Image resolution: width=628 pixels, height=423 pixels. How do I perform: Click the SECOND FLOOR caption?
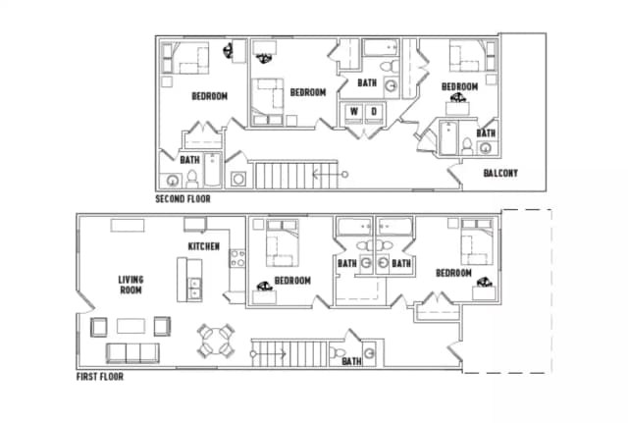pos(183,198)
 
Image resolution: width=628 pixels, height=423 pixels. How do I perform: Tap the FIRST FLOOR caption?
pos(100,377)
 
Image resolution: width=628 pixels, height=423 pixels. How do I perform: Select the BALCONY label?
pos(500,173)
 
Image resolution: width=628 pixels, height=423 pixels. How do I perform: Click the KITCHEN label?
pos(203,246)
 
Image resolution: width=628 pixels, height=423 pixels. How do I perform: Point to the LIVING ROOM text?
pos(131,285)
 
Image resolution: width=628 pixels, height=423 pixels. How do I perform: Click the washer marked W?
pos(353,112)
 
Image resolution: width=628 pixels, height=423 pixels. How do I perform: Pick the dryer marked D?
pos(374,112)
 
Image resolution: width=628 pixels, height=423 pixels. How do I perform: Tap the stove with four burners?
pos(237,258)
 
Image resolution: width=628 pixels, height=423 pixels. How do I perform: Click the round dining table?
pos(216,341)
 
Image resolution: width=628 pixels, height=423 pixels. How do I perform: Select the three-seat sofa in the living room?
pos(132,353)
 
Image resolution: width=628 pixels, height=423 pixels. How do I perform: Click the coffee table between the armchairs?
pos(131,326)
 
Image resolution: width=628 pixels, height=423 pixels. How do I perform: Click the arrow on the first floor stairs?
pos(268,354)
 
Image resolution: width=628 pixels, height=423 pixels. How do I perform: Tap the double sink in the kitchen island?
pos(194,289)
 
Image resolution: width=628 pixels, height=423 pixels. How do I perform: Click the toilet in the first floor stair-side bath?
pos(338,353)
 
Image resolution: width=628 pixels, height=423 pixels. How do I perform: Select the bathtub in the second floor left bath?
pos(212,170)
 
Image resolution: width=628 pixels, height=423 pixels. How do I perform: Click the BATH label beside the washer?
pos(367,82)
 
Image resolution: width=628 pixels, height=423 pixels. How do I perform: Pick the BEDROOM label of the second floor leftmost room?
pos(209,96)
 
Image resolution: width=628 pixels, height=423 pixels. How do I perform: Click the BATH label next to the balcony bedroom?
pos(486,133)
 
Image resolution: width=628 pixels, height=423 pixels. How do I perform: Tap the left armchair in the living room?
pos(98,327)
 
